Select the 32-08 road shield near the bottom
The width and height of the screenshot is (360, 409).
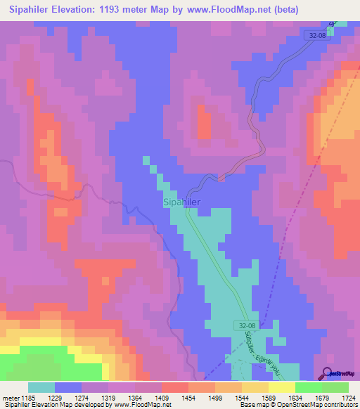point(244,325)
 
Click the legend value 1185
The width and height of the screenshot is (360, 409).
point(28,397)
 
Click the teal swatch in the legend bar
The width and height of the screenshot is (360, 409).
point(41,387)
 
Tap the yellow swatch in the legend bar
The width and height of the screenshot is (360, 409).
point(282,387)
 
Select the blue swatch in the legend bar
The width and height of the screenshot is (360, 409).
point(68,387)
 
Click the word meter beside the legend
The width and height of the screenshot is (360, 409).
point(10,397)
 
